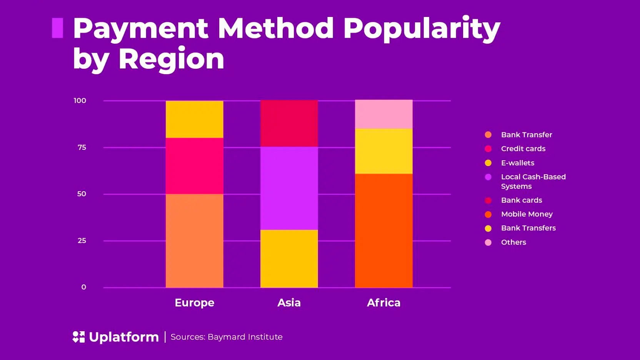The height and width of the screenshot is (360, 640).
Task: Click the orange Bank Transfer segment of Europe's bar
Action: click(194, 240)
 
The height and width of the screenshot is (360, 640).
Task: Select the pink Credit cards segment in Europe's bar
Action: click(194, 166)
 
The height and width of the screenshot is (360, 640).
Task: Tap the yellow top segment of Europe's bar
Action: click(194, 119)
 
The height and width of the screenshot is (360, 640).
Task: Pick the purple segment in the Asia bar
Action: click(289, 188)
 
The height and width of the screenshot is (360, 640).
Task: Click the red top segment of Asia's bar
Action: click(289, 123)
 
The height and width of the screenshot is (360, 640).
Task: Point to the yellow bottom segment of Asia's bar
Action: click(289, 258)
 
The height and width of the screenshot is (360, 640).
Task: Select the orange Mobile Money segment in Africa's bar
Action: click(383, 230)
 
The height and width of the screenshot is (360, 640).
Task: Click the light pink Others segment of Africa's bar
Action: click(383, 114)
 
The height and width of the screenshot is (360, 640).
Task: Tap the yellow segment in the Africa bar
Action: click(383, 151)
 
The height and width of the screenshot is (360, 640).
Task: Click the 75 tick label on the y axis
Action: click(82, 147)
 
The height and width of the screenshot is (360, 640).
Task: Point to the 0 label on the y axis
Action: click(83, 287)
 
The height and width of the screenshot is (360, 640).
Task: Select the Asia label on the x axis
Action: click(289, 303)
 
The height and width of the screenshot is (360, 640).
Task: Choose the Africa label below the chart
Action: click(383, 303)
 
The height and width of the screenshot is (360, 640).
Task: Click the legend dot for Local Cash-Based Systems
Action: click(488, 177)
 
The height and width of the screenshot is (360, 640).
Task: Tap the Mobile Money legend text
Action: click(527, 214)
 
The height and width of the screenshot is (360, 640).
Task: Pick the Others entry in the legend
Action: click(513, 242)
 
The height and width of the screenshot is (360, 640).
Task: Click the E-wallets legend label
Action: click(517, 163)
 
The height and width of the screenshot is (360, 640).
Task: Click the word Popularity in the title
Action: click(421, 29)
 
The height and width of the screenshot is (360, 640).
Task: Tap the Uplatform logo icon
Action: click(78, 337)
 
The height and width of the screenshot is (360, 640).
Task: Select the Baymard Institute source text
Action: click(245, 337)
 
